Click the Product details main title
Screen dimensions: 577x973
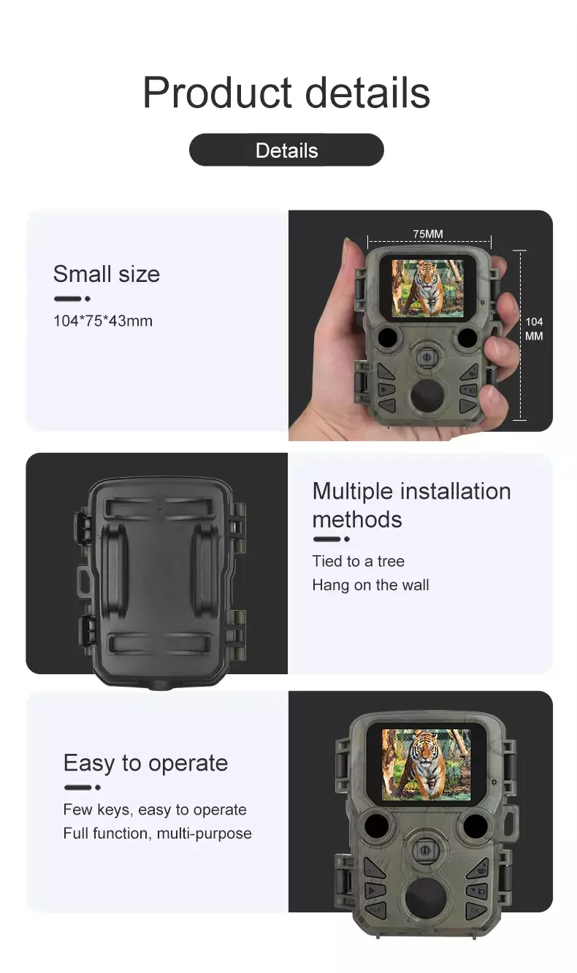(x=286, y=93)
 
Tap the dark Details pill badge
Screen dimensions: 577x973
(x=286, y=150)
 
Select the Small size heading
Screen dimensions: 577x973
(x=107, y=274)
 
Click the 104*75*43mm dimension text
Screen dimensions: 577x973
(x=103, y=321)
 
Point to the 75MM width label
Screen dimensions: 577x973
(x=428, y=234)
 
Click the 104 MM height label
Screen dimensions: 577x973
(x=534, y=329)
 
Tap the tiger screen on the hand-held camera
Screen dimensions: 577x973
(x=428, y=289)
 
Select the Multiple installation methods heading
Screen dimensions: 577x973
(x=411, y=505)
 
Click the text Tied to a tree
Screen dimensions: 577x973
(x=358, y=561)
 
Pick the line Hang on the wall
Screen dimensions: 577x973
(x=370, y=585)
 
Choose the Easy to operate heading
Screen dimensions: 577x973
(x=145, y=763)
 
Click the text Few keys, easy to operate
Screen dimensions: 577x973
(x=155, y=809)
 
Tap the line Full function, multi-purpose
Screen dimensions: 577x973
(x=157, y=833)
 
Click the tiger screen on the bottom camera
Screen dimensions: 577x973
(x=426, y=765)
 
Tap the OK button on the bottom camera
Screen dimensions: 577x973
(x=475, y=909)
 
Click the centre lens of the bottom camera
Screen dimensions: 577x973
(x=425, y=850)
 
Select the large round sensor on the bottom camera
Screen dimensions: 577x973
(x=425, y=896)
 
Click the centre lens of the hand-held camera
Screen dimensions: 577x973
(x=427, y=357)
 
